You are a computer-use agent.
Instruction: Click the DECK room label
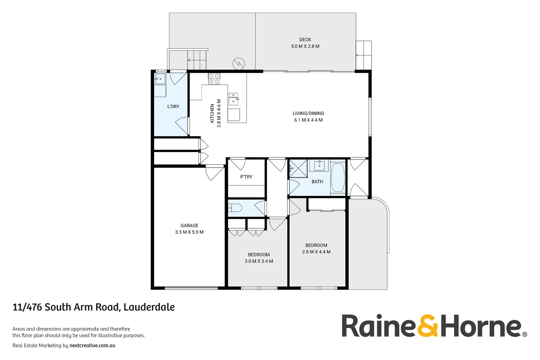click(x=305, y=40)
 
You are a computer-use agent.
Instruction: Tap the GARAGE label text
click(x=189, y=226)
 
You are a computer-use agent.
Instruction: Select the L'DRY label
click(x=173, y=107)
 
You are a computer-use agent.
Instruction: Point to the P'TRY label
click(x=246, y=177)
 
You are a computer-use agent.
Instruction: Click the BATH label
click(x=317, y=182)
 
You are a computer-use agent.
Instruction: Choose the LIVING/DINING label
click(x=308, y=113)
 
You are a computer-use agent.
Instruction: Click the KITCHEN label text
click(x=212, y=113)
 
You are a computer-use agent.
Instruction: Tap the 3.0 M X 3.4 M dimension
click(x=259, y=261)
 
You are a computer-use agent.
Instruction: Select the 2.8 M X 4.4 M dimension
click(x=316, y=252)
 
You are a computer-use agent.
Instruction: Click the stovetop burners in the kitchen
click(x=214, y=79)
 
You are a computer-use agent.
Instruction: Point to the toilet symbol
click(x=235, y=208)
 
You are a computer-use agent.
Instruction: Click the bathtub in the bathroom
click(x=338, y=177)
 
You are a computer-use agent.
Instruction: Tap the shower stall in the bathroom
click(x=298, y=169)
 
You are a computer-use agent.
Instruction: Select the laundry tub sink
click(x=160, y=79)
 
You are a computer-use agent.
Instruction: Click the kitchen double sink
click(x=233, y=99)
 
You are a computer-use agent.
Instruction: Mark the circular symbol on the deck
click(x=239, y=63)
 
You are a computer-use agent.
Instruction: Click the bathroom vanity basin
click(x=319, y=165)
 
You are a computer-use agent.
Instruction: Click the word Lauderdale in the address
click(x=149, y=307)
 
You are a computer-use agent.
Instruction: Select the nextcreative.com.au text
click(x=92, y=346)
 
